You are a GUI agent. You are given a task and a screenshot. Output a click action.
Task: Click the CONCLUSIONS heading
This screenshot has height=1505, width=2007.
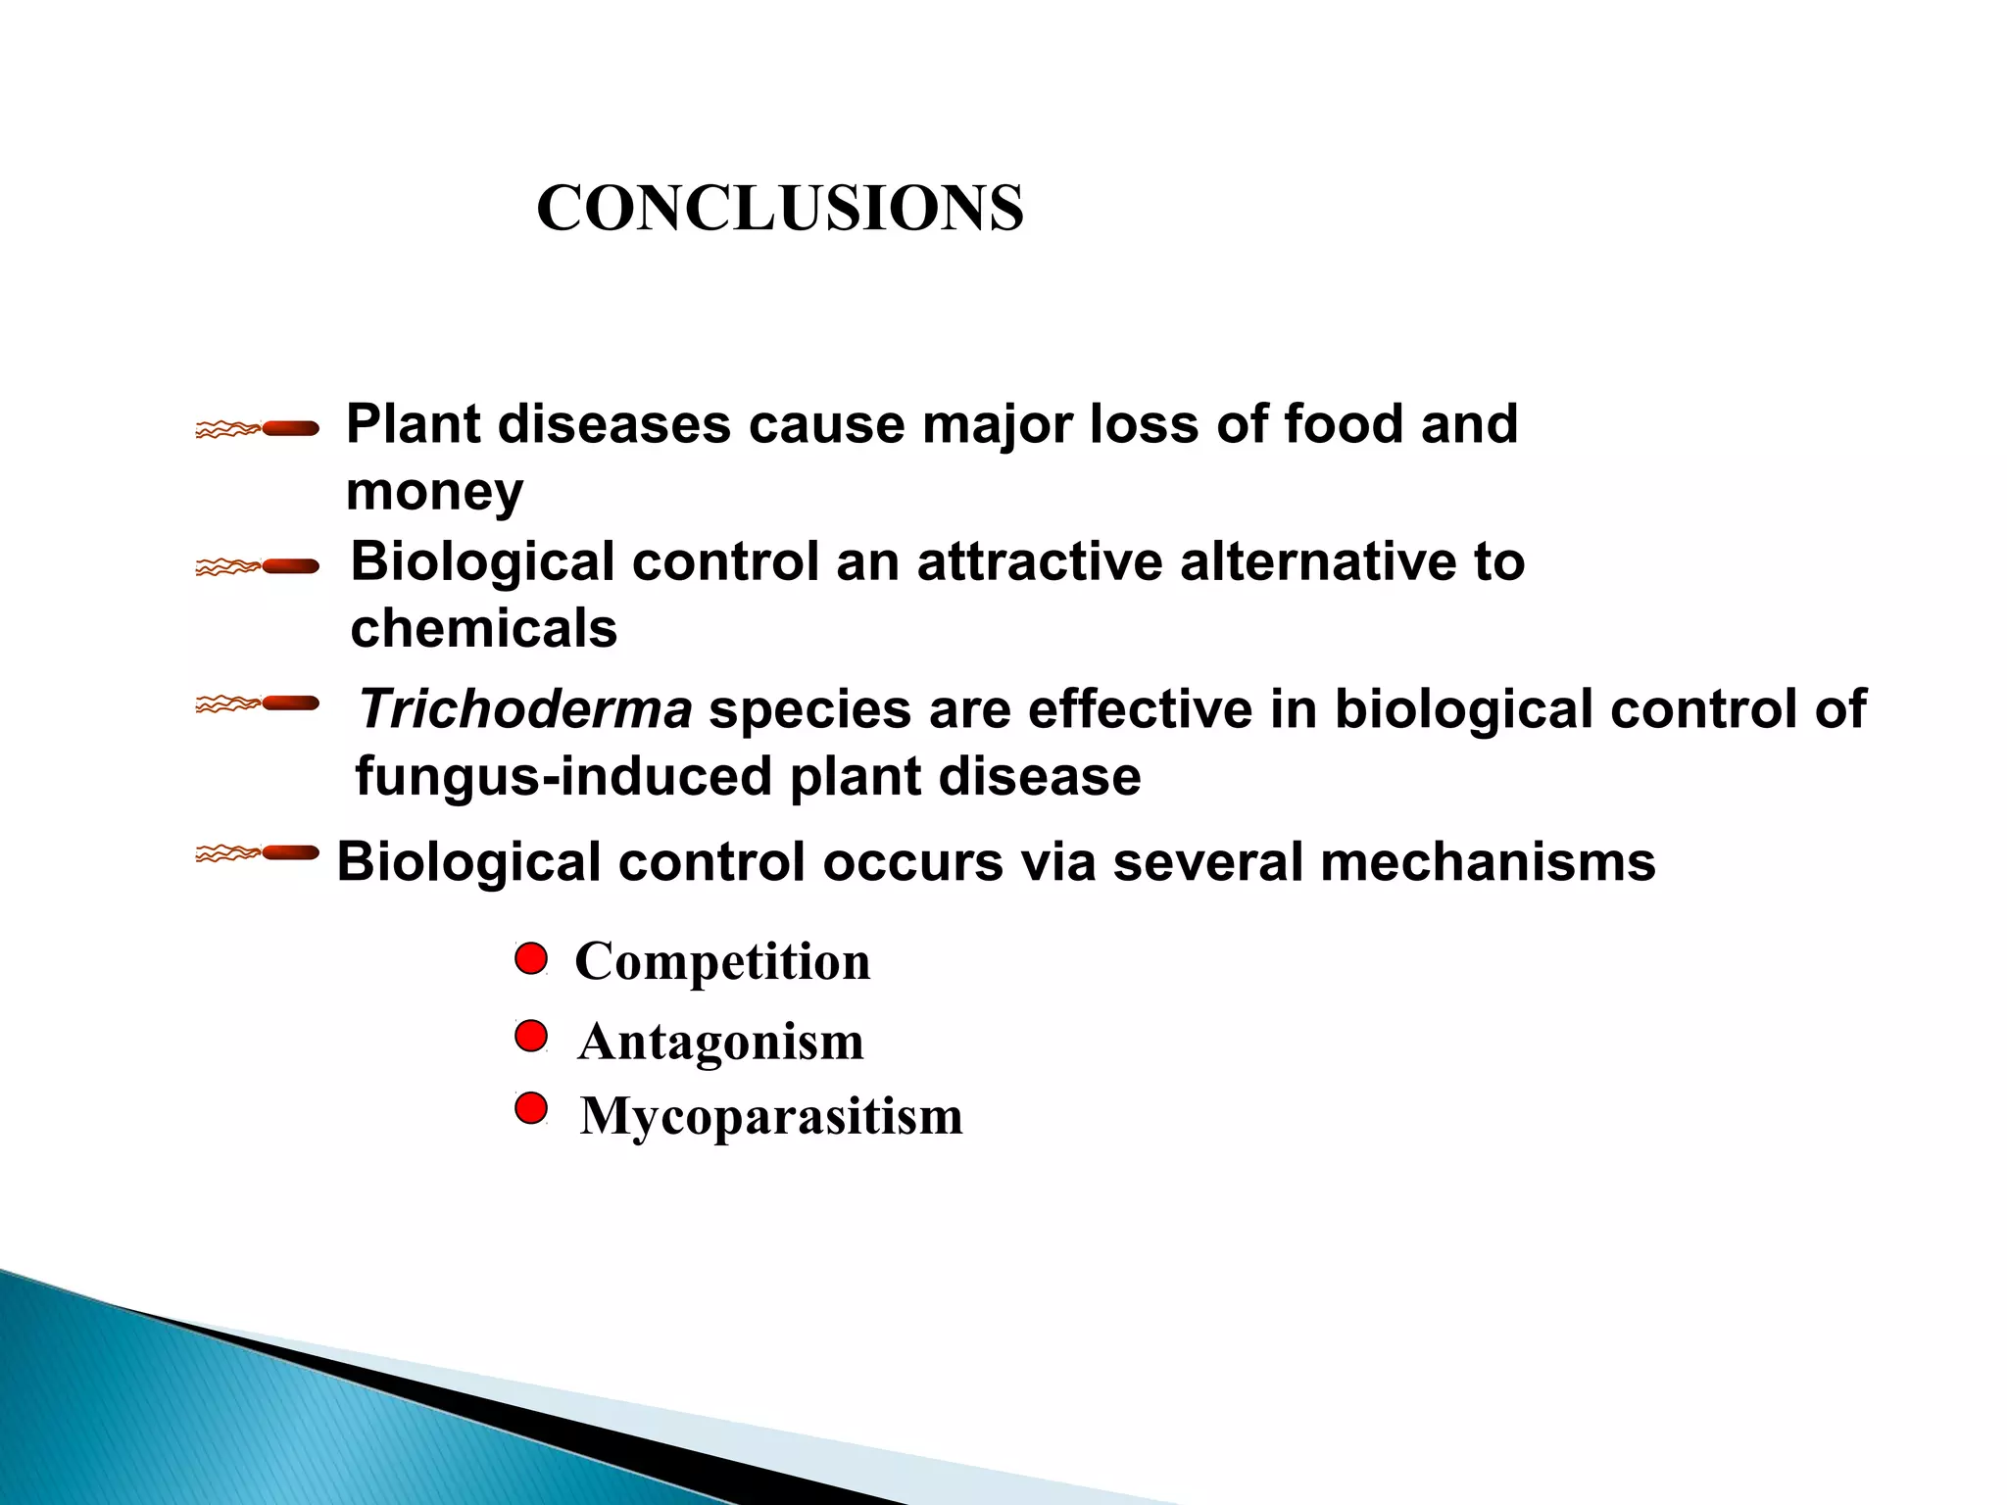click(x=780, y=209)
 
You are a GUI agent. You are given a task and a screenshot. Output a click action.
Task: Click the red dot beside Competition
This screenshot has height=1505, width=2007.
click(x=530, y=958)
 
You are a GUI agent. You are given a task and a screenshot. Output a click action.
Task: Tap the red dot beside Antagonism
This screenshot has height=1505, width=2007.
click(x=530, y=1036)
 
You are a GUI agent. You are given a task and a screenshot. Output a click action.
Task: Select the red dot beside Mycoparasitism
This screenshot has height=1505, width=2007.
click(x=530, y=1109)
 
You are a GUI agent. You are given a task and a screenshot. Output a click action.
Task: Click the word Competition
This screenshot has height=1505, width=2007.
click(x=722, y=961)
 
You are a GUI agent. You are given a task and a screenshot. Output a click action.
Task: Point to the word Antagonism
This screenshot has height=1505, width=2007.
click(x=721, y=1041)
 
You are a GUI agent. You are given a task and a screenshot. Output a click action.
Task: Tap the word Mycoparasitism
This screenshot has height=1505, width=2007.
click(x=771, y=1116)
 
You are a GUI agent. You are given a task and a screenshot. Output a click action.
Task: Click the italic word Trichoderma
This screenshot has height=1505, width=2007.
click(x=525, y=709)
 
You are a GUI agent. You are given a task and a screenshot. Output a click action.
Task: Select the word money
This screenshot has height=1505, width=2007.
click(x=434, y=491)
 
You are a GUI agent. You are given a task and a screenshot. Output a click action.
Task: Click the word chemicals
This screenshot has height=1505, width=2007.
click(x=484, y=628)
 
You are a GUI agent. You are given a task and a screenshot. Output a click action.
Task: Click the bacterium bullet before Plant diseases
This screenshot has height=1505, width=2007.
click(x=258, y=428)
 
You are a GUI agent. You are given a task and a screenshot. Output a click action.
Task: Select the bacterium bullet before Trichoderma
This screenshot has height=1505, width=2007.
click(x=258, y=704)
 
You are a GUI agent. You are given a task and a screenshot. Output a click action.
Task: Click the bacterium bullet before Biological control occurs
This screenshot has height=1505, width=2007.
click(x=258, y=853)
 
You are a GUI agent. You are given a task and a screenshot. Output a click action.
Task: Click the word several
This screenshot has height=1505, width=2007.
click(x=1200, y=862)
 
